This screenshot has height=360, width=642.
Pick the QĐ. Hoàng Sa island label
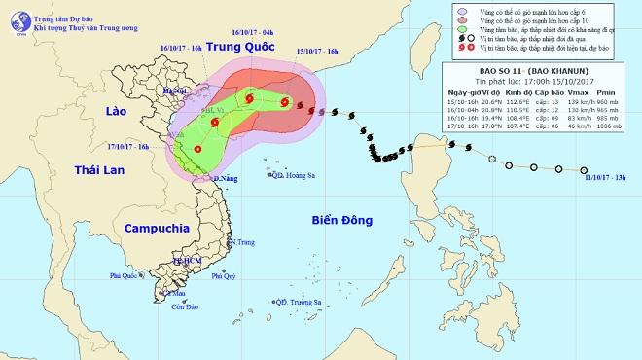(x=295, y=176)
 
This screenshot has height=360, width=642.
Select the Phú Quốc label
(x=125, y=276)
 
